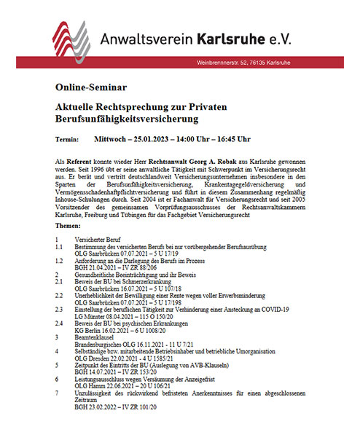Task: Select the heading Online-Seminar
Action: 85,87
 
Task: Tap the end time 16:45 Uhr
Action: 228,139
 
